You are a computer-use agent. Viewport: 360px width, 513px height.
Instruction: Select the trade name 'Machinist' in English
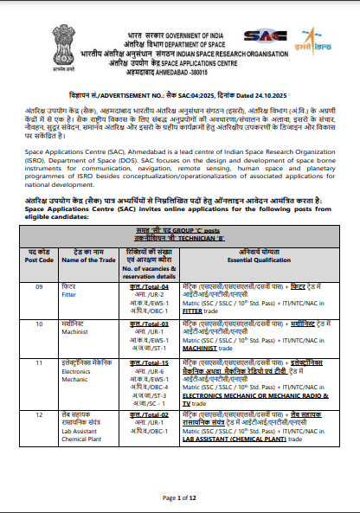coord(75,331)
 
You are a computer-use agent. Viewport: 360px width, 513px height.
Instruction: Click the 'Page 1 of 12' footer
coord(179,497)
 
